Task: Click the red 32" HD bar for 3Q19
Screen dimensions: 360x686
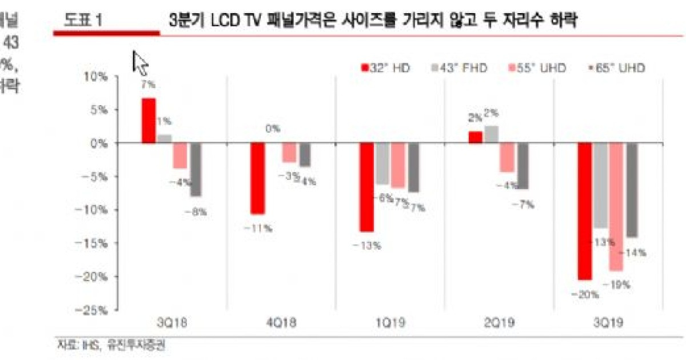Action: [x=584, y=211]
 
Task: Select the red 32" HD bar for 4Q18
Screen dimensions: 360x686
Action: [x=257, y=178]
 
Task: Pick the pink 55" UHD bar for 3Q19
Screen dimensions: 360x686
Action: [x=616, y=207]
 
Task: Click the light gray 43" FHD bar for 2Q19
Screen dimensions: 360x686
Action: [x=491, y=134]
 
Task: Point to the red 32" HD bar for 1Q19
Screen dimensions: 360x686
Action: [x=366, y=187]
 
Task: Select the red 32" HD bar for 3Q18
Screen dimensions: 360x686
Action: [x=149, y=121]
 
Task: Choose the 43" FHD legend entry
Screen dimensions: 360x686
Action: [x=460, y=69]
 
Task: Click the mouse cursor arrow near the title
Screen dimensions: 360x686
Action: [x=139, y=62]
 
